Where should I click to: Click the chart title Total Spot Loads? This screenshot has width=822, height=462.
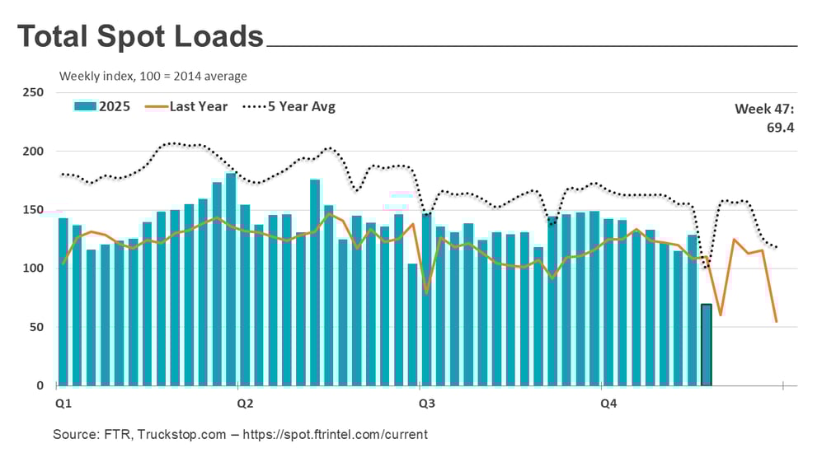tap(140, 36)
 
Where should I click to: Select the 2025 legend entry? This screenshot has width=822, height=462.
tap(102, 106)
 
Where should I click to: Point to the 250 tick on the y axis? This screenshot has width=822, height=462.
tap(33, 93)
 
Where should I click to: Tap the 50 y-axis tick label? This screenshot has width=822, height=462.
tap(36, 327)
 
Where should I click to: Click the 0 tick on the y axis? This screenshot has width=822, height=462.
tap(40, 385)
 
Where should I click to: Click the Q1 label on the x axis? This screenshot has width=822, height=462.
tap(63, 404)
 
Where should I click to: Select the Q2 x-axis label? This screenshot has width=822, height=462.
tap(245, 404)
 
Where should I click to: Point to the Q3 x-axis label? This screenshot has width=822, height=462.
tap(427, 404)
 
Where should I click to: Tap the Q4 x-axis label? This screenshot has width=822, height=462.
tap(608, 404)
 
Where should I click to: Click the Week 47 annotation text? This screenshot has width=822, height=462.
tap(764, 109)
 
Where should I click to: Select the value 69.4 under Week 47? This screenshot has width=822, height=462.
tap(778, 128)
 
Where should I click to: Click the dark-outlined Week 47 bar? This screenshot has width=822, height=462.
tap(706, 345)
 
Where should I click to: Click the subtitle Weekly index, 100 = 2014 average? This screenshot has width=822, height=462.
tap(153, 77)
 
